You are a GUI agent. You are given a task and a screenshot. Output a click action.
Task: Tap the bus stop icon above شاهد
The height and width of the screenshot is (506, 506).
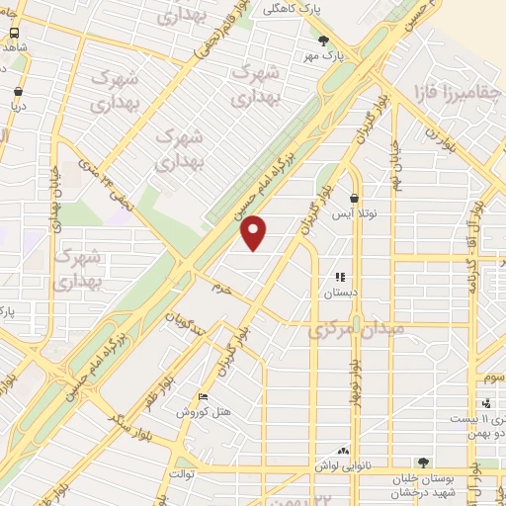pos(13,31)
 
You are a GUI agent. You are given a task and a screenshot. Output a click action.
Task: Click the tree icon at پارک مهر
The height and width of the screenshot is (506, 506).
pos(324,41)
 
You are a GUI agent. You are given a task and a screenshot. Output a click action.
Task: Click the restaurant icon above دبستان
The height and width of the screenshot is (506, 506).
pos(341,278)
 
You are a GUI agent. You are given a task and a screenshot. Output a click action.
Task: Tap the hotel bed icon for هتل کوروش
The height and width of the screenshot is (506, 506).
pos(202,397)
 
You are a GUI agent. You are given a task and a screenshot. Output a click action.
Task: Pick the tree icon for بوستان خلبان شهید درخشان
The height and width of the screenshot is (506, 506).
pos(423,462)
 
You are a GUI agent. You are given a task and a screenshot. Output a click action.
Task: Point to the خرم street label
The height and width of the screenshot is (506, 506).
pos(220,287)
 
